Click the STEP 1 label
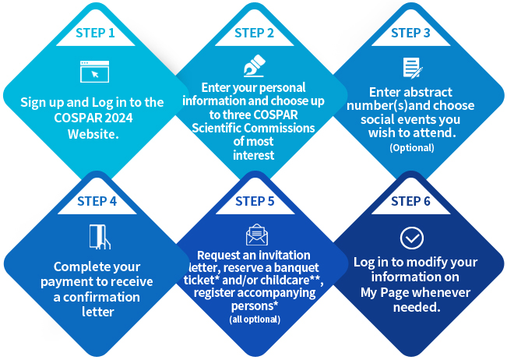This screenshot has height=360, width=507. point(95,33)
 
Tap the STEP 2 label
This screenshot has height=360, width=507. point(254,33)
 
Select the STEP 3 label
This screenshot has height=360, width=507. point(410,33)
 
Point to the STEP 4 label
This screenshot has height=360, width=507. point(97,201)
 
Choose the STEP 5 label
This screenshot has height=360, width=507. point(255,201)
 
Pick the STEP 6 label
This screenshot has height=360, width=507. point(410,201)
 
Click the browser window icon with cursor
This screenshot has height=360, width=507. point(95,72)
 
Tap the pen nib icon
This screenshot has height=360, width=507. point(254,65)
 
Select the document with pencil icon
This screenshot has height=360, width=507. point(413,68)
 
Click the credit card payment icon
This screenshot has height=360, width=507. point(100,237)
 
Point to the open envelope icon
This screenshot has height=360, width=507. point(257,235)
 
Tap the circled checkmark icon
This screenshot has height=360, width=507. point(412,238)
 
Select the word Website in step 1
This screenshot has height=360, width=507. point(93,134)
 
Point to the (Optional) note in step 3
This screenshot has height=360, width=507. point(412,148)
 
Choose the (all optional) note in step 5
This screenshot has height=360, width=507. point(255,319)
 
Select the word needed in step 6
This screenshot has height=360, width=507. point(417,307)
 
